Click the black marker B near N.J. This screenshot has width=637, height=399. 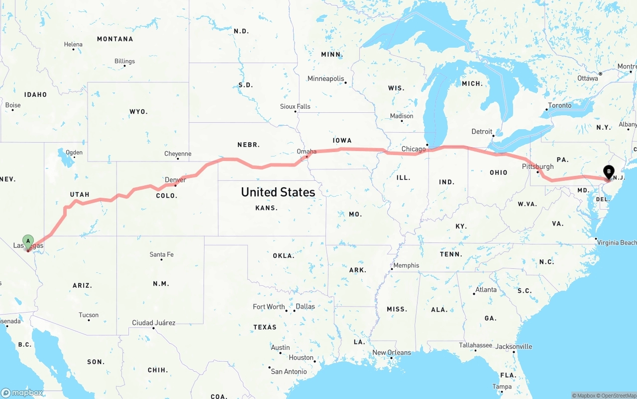pos(608,172)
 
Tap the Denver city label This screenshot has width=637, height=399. pos(175,179)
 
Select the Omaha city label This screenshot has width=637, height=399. pos(306,151)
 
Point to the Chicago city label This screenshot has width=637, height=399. pos(414,149)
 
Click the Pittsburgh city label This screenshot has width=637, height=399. pos(537,166)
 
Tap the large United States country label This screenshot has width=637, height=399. pos(278,192)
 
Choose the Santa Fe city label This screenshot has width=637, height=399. pos(162,254)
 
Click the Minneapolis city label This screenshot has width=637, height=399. pos(325,79)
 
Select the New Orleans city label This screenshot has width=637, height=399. pos(392,352)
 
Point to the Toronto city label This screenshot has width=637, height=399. pos(559,105)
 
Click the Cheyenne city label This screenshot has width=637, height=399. pos(178,154)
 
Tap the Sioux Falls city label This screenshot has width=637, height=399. pos(295,106)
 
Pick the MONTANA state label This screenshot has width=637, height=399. pos(115,39)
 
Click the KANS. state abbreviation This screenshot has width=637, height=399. pos(266,208)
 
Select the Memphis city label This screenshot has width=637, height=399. pos(406,265)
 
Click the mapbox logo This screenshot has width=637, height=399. pos(22,393)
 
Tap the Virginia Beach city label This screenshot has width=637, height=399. pos(617,242)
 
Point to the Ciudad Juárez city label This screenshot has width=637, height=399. pos(153,322)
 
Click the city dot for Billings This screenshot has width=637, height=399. pos(124,66)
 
